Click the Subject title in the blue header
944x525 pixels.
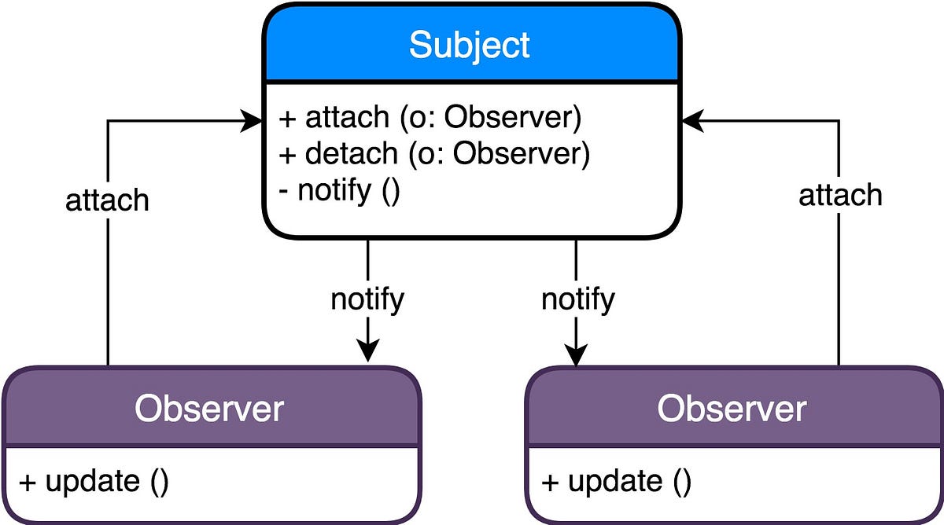point(469,46)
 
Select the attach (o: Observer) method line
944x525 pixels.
point(430,117)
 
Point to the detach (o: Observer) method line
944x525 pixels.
point(434,154)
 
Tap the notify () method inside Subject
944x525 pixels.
point(339,192)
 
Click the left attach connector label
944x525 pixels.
point(107,200)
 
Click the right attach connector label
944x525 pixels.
point(840,196)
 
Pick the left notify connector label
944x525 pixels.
point(367,300)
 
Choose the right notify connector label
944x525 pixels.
point(578,300)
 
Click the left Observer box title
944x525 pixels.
point(209,409)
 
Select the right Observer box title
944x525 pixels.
point(732,409)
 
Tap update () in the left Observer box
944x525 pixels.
point(94,482)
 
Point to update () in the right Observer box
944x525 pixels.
point(617,482)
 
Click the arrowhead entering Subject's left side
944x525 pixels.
point(251,121)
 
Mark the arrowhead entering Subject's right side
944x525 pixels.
point(693,121)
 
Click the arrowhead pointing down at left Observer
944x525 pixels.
point(368,350)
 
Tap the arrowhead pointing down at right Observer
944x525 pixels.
point(576,355)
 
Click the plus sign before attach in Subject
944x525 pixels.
point(287,119)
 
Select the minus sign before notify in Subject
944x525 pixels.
point(284,193)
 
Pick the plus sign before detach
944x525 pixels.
point(287,156)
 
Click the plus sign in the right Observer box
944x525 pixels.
point(551,483)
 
